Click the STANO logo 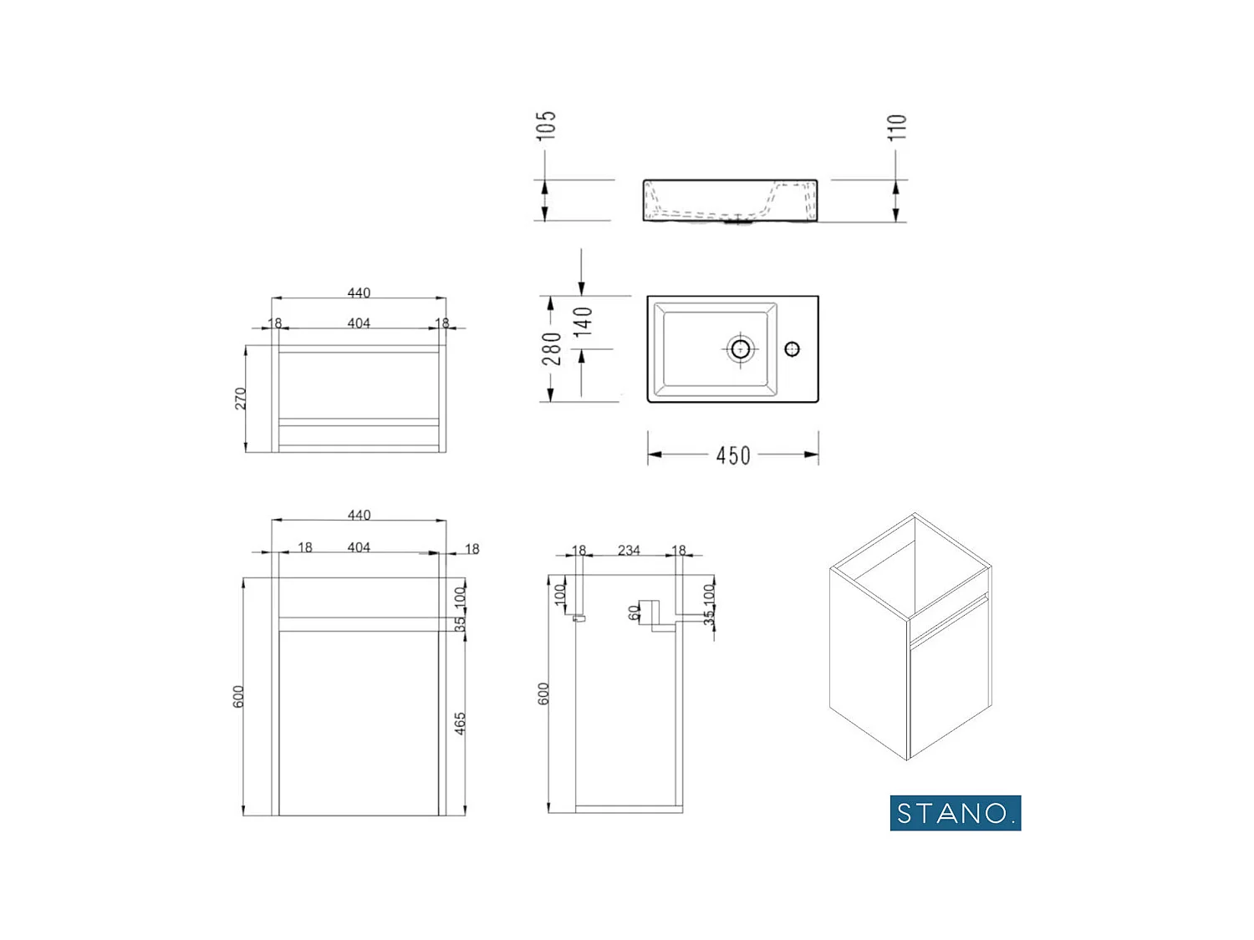pos(955,812)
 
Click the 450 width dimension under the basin pos(733,455)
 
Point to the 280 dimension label pos(551,348)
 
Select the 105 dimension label pos(546,125)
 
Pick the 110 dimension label pos(896,127)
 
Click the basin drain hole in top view pos(740,348)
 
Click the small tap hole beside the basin pos(792,348)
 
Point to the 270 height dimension pos(241,399)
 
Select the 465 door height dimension pos(460,724)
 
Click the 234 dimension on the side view pos(629,550)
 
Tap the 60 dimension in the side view pos(634,612)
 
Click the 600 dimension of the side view pos(543,694)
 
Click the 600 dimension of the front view pos(239,697)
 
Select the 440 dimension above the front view pos(359,515)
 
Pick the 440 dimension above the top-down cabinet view pos(359,292)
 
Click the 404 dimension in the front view pos(359,547)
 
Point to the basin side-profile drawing pos(730,201)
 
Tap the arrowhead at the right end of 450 pos(812,455)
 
